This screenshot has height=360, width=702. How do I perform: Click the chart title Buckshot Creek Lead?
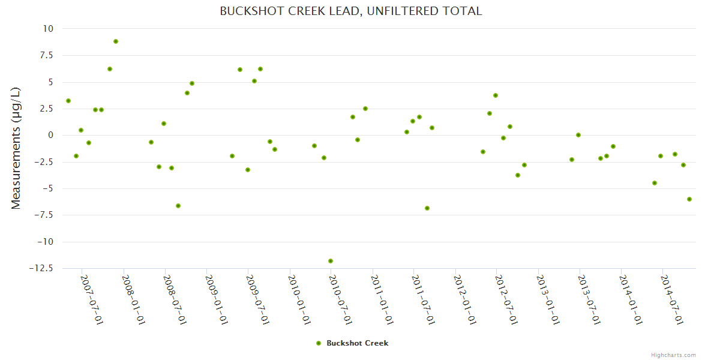(x=351, y=11)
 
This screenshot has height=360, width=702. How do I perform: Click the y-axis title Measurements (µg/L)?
(x=16, y=148)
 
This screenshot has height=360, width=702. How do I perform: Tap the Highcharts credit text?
(x=673, y=355)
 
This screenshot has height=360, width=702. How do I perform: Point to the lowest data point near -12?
(x=331, y=261)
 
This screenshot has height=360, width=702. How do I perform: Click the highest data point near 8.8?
(x=116, y=41)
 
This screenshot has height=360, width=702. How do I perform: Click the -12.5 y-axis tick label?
(x=40, y=268)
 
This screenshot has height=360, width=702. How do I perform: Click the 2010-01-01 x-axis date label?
(x=299, y=299)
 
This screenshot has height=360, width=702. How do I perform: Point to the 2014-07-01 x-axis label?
(x=672, y=299)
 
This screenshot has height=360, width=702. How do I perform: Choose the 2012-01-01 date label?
(x=465, y=299)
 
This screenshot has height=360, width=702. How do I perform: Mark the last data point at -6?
(x=689, y=199)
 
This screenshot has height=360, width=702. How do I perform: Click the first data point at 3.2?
(x=68, y=101)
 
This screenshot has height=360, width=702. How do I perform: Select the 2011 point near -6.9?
(x=427, y=208)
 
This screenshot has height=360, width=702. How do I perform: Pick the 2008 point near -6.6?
(x=178, y=206)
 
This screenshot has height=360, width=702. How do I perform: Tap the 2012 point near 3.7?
(x=496, y=95)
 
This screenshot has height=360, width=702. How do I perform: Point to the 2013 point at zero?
(x=578, y=135)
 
